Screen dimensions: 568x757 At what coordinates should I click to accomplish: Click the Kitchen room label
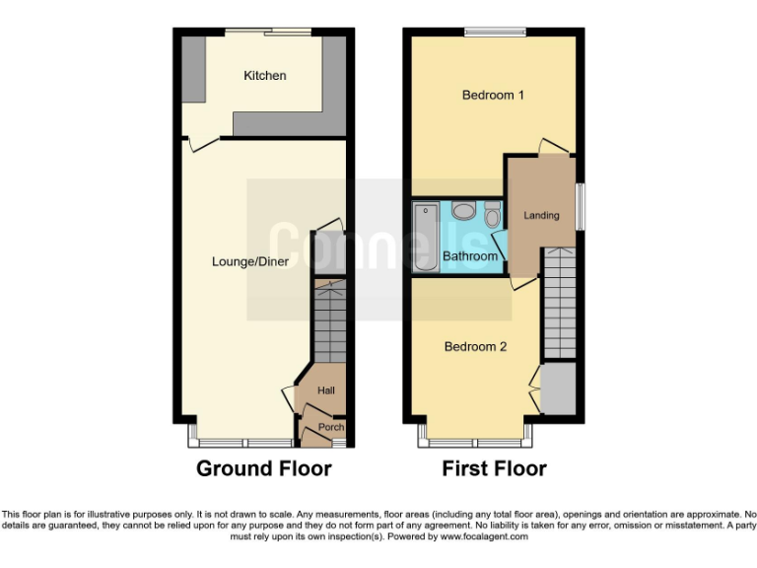(x=265, y=76)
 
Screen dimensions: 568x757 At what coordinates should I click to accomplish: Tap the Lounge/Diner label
(x=250, y=261)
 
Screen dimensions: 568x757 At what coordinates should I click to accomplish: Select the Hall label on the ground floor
(x=325, y=391)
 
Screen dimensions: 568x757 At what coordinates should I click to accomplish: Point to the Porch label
(x=331, y=427)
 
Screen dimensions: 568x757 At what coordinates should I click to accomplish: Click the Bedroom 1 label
(x=493, y=96)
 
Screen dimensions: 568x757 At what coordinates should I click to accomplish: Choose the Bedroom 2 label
(x=475, y=347)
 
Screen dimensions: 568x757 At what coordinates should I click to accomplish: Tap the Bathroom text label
(x=470, y=256)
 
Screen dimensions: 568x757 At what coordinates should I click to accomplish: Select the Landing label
(x=541, y=215)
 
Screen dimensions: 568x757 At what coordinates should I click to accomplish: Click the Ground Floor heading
(x=264, y=468)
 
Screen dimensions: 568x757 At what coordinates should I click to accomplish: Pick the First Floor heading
(x=494, y=468)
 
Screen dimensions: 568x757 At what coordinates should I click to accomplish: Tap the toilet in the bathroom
(x=493, y=212)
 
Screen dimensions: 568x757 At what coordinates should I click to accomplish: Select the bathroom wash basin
(x=463, y=212)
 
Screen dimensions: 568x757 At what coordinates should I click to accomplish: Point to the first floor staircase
(x=560, y=304)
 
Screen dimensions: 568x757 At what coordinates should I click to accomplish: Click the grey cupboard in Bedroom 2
(x=559, y=389)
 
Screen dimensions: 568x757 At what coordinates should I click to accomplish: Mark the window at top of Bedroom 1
(x=495, y=33)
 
